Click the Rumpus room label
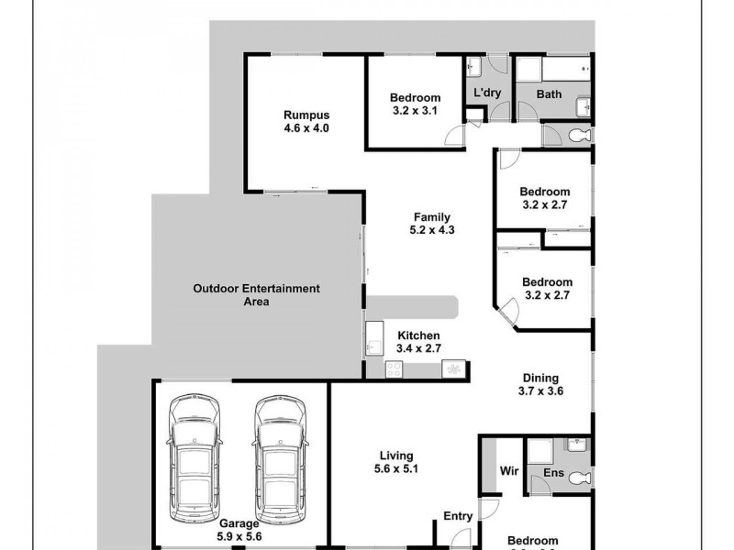306,115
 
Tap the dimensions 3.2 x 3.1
415,111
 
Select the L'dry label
487,93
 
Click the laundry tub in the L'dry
473,68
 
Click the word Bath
549,94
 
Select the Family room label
431,217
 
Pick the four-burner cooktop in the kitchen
395,368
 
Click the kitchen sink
375,340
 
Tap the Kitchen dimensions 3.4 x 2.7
417,349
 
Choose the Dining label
540,378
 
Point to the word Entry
458,517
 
